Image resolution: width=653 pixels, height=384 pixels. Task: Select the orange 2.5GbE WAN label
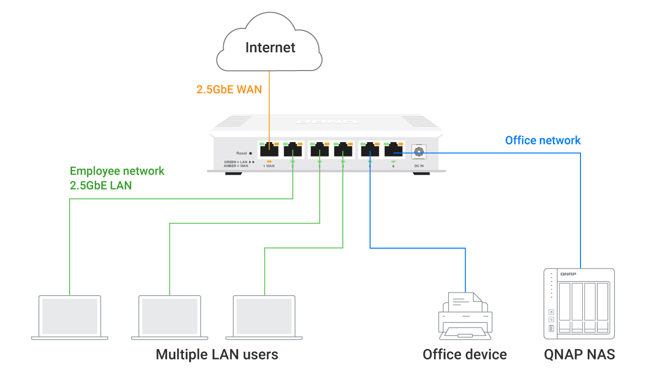pos(229,89)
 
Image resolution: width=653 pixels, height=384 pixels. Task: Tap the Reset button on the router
pos(251,153)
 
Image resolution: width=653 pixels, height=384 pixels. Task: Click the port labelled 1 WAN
pos(268,150)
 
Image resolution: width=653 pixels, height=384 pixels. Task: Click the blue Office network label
pos(543,141)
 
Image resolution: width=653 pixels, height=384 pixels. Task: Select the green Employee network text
pos(117,171)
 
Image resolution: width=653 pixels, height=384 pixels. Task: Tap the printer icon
pos(465,315)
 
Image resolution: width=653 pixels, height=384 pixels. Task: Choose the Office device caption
pos(464,355)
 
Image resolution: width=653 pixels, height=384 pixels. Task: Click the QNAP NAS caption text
pos(579,355)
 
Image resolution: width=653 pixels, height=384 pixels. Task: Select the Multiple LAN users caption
pos(217,355)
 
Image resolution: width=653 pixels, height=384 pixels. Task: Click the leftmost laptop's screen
pos(70,316)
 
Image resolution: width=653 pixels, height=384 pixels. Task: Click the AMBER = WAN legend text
pos(236,166)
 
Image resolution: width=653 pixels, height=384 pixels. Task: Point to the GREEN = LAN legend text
pos(236,162)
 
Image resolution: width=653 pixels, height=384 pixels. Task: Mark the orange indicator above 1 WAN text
pos(269,161)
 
